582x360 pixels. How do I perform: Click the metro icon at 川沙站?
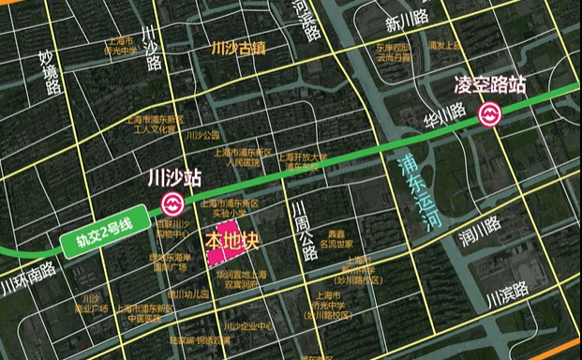172,203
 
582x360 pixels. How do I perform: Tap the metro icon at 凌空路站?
488,115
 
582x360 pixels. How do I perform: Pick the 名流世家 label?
335,244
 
